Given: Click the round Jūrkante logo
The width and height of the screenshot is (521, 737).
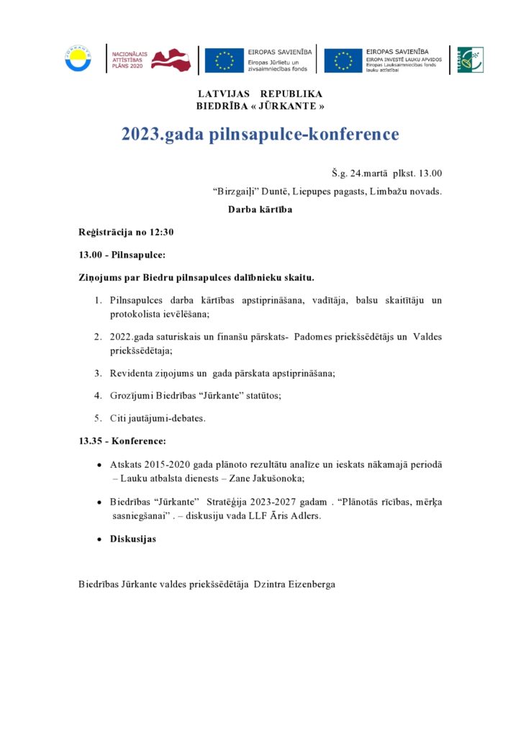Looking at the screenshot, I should (78, 60).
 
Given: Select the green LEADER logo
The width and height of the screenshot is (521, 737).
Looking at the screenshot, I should (471, 60).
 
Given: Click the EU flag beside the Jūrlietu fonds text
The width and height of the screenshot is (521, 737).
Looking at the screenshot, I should (224, 60).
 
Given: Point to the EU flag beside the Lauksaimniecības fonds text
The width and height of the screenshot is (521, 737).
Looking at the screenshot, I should (343, 60).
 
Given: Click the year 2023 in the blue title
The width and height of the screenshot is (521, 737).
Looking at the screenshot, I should (141, 135).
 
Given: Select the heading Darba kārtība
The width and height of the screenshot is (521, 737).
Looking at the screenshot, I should (260, 210).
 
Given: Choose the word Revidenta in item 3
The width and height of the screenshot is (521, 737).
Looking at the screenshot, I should (131, 373).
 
